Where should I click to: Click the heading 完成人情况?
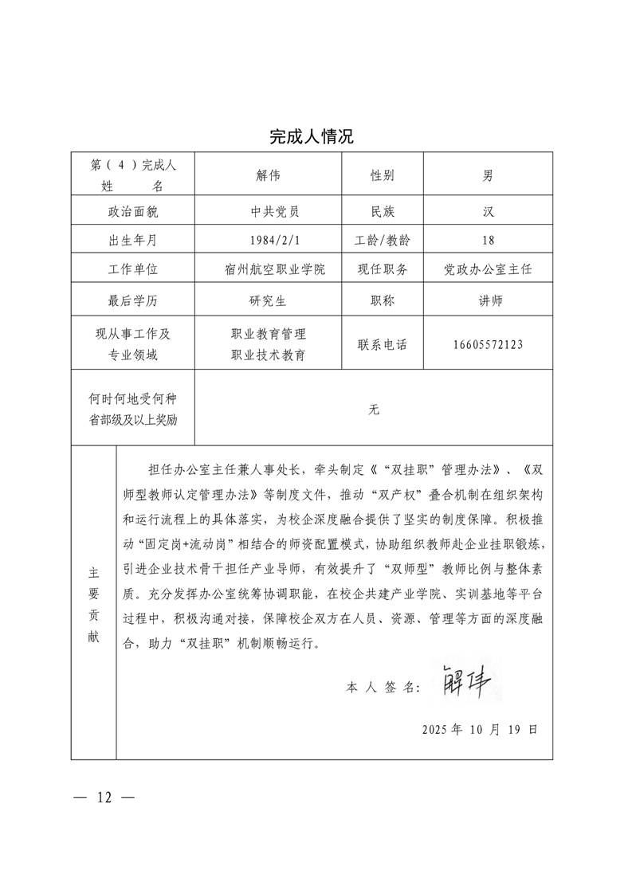tap(311, 137)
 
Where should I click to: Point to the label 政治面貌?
tap(133, 212)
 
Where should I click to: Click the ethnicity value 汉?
tap(488, 212)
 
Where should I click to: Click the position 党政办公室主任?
tap(488, 269)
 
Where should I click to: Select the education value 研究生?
tap(269, 301)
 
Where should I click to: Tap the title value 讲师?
tap(488, 301)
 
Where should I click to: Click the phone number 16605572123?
tap(488, 345)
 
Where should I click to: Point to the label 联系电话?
tap(383, 345)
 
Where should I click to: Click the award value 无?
tap(374, 410)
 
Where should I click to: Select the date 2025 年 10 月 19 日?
tap(480, 729)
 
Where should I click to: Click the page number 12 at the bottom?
tap(104, 797)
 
